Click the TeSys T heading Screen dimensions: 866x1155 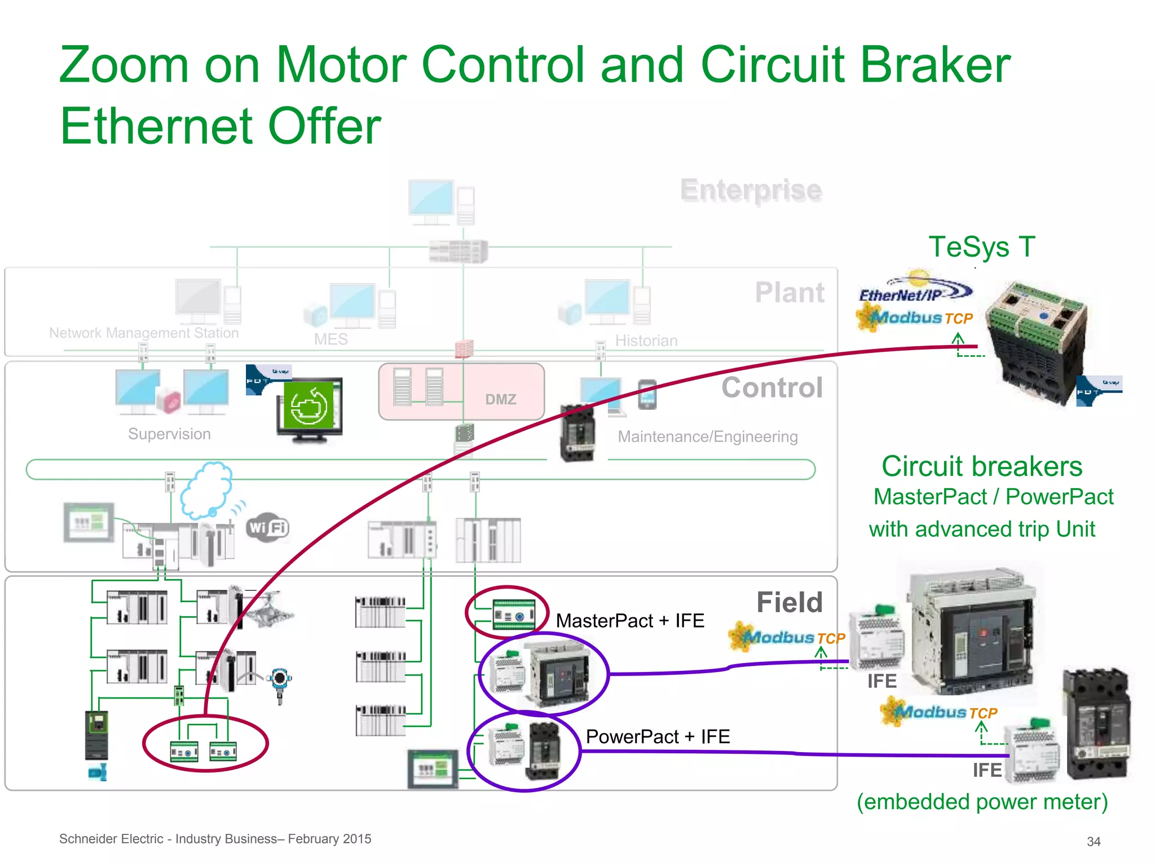point(981,247)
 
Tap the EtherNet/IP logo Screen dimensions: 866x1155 point(914,290)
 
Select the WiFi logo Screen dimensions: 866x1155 point(268,528)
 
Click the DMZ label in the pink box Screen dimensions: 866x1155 point(500,399)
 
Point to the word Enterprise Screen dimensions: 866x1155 point(751,190)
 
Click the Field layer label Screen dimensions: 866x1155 point(789,602)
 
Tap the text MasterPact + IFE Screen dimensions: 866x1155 point(629,621)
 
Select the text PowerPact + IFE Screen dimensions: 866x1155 point(658,736)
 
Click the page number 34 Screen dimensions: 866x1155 point(1093,841)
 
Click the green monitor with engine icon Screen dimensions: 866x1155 point(309,408)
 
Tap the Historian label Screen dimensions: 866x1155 point(646,341)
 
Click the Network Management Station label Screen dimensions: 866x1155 point(144,333)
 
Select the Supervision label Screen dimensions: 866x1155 point(169,434)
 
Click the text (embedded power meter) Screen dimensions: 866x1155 point(982,801)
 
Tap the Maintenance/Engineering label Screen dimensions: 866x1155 point(707,436)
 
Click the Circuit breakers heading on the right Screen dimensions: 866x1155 point(981,467)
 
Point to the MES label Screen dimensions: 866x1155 point(330,339)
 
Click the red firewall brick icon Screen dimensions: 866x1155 point(464,349)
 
